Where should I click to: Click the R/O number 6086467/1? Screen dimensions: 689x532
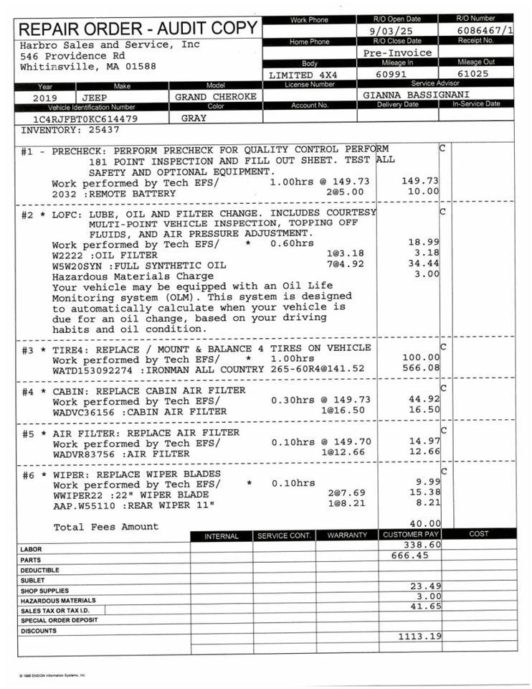tap(485, 31)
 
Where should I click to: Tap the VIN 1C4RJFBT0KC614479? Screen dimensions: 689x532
tap(85, 118)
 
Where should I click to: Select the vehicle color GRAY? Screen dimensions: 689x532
tap(194, 118)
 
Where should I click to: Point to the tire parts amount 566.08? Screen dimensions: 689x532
tap(422, 368)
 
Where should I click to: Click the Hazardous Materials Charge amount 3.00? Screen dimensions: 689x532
tap(427, 274)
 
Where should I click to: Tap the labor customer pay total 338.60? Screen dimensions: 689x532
tap(422, 545)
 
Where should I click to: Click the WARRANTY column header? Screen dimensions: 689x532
tap(347, 535)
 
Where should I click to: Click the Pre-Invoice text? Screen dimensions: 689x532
tap(397, 52)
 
